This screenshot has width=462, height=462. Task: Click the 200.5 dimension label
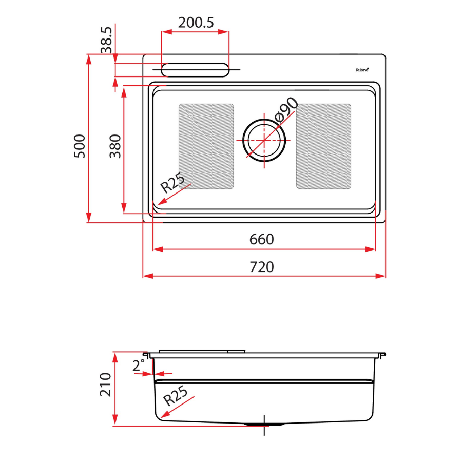[x=196, y=23]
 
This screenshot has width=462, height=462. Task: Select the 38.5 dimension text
[x=106, y=41]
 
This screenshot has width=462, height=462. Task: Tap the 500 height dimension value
[x=79, y=146]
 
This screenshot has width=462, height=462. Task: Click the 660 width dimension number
[x=262, y=239]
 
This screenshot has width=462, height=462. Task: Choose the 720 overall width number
[x=262, y=267]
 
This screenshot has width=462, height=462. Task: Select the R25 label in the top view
[x=172, y=183]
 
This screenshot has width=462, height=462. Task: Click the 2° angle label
[x=139, y=365]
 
